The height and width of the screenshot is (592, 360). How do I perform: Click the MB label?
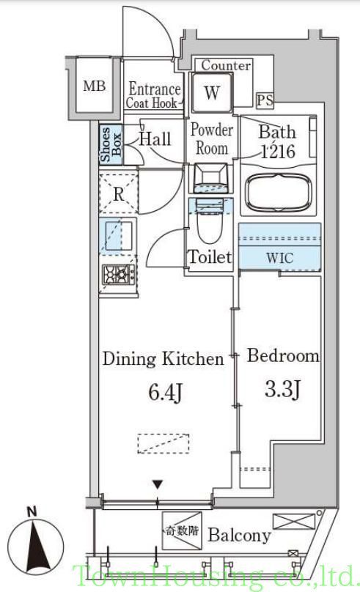click(94, 86)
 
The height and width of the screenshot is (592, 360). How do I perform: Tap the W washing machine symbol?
click(212, 92)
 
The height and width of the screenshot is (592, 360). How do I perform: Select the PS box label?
click(265, 100)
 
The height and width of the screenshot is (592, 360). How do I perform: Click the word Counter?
click(226, 65)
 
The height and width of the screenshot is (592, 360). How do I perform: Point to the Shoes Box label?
click(111, 144)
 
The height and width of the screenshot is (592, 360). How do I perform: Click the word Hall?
click(155, 138)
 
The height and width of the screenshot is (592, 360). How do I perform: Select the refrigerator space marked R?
click(119, 193)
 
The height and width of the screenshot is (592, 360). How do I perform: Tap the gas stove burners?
click(119, 274)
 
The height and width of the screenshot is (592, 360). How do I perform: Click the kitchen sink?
click(119, 236)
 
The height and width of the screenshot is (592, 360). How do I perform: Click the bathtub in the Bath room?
click(279, 192)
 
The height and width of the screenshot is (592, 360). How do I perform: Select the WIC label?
click(279, 258)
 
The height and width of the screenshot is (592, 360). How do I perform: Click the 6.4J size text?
click(166, 392)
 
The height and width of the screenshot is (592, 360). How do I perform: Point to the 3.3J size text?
click(282, 389)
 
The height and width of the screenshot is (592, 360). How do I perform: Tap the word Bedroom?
click(283, 356)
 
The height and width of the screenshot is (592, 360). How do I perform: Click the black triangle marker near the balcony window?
click(158, 484)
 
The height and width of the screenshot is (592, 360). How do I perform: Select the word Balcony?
click(240, 535)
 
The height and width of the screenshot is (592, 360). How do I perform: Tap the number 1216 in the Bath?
click(279, 152)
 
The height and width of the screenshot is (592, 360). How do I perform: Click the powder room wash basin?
click(210, 177)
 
